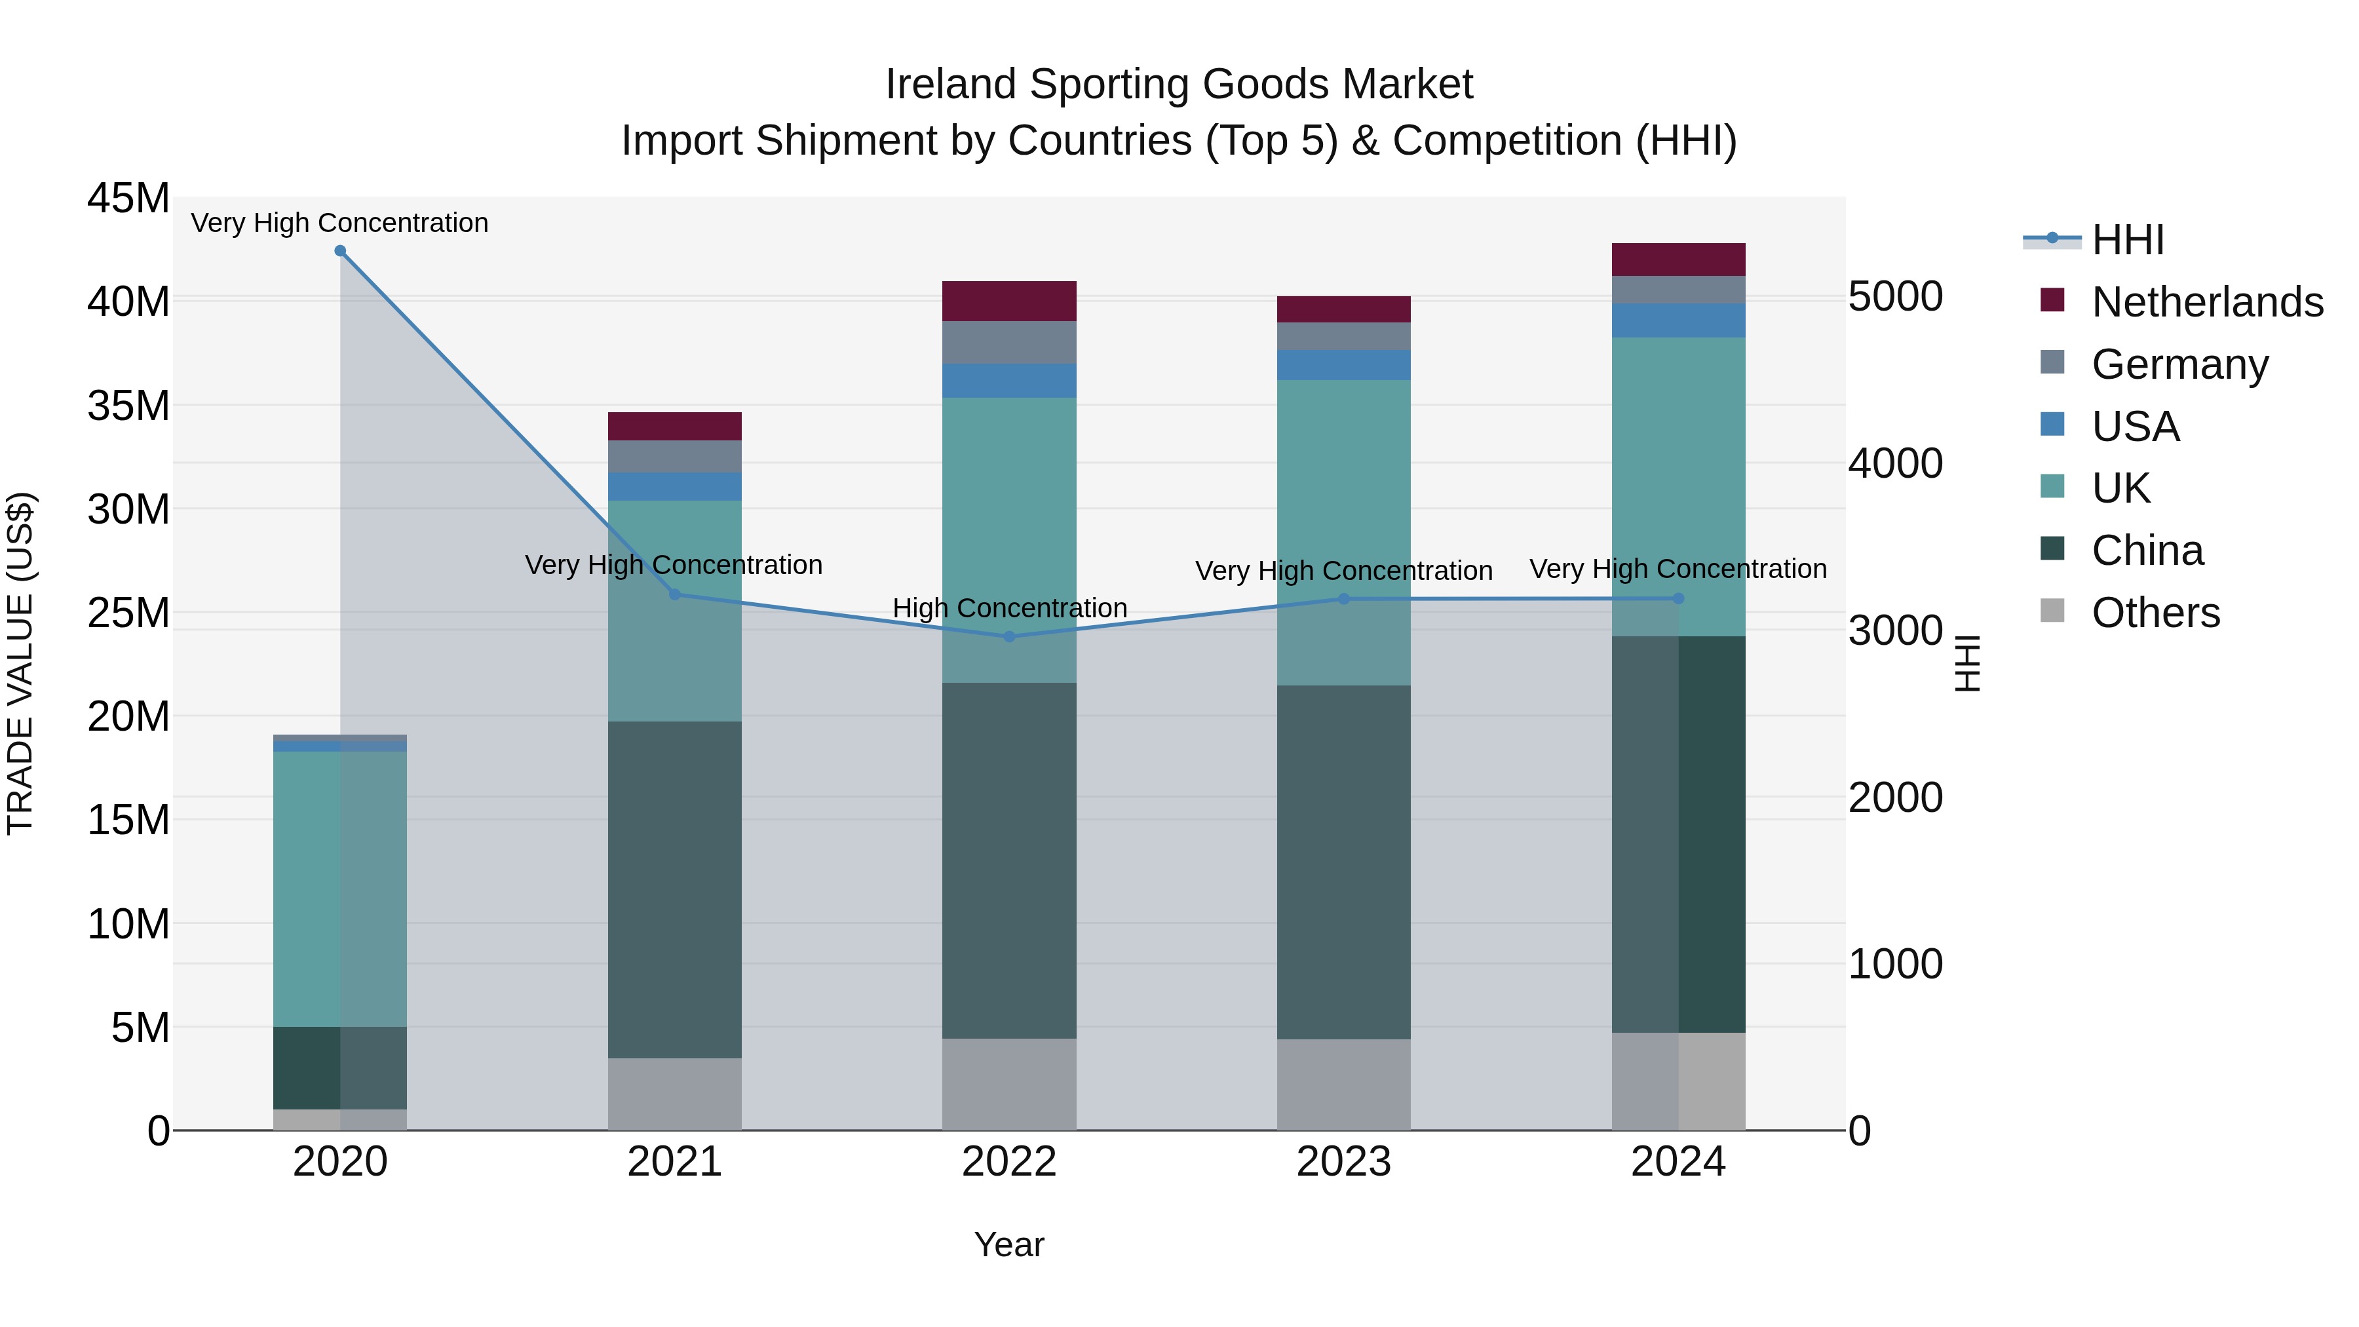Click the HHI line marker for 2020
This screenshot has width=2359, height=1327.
(x=339, y=251)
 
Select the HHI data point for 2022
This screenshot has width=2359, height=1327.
(x=1009, y=636)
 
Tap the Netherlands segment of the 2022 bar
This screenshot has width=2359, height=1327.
(x=1009, y=301)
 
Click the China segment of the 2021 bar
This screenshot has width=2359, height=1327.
(x=675, y=889)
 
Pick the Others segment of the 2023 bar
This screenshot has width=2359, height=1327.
(x=1343, y=1085)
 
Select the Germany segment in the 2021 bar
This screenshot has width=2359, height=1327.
(x=675, y=456)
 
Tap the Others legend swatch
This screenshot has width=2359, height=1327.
(x=2053, y=611)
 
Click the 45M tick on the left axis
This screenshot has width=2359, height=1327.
(x=128, y=199)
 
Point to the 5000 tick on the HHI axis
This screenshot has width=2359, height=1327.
(x=1894, y=297)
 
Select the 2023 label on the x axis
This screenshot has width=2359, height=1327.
(x=1343, y=1162)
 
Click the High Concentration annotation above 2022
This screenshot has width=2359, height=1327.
(x=1009, y=608)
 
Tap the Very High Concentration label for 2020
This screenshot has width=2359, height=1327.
(x=339, y=223)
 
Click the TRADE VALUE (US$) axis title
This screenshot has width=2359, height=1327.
(x=20, y=663)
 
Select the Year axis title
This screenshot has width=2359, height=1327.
(x=1009, y=1244)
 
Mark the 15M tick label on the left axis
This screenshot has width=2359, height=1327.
(x=128, y=820)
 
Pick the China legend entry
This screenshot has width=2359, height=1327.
(x=2147, y=550)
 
